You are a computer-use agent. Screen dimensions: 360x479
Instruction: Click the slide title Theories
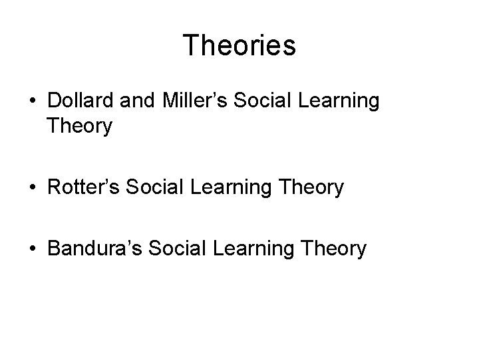point(239,45)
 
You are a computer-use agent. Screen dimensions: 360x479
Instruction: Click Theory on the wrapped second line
point(80,126)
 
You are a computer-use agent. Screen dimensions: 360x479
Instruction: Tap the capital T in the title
point(191,45)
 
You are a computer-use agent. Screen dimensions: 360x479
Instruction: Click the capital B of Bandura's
point(55,249)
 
